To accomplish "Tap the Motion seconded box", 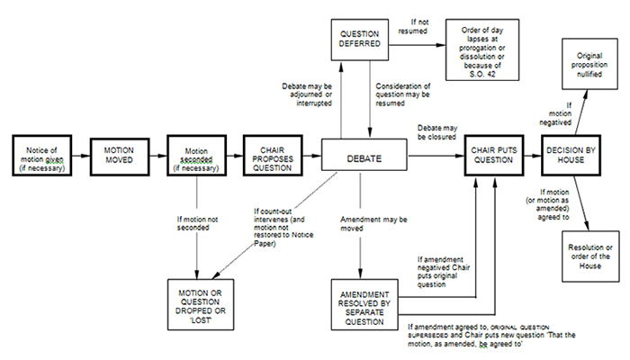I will pos(196,158).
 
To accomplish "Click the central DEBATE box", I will pos(360,158).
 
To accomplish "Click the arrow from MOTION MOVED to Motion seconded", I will pos(157,158).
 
